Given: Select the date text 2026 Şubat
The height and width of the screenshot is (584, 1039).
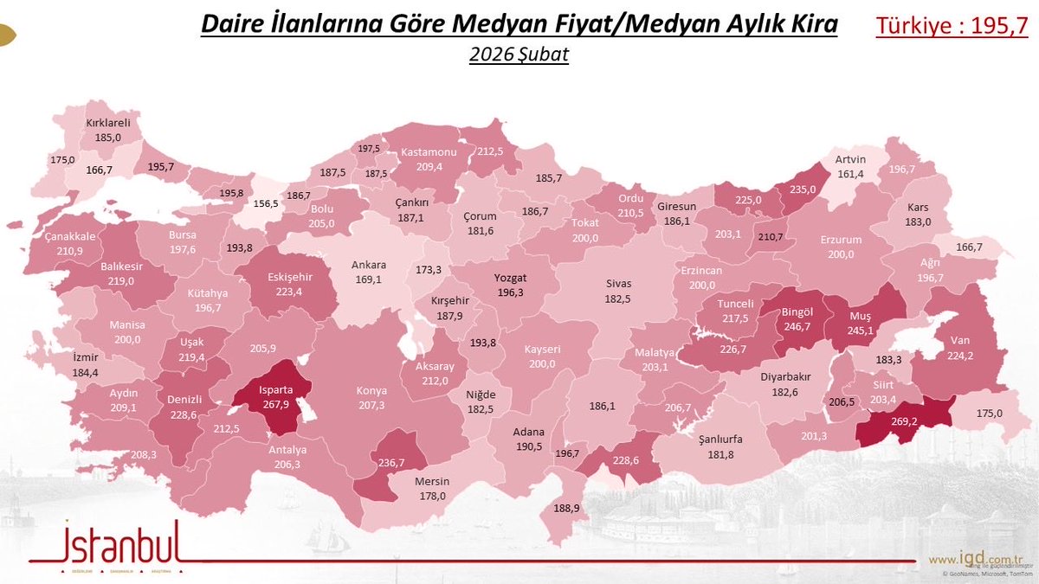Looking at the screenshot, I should [519, 55].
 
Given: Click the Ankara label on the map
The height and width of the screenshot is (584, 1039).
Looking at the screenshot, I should [368, 265].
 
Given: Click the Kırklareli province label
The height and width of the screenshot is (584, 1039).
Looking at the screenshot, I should [108, 123].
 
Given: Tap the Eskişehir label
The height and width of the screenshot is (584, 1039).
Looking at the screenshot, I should [291, 278].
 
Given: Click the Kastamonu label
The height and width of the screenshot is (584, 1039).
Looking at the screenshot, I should [429, 152].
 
